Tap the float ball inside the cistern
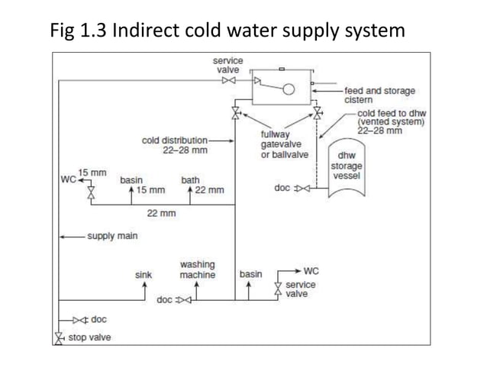point(289,89)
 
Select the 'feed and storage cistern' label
point(379,95)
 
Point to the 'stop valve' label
point(90,338)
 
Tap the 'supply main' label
point(112,236)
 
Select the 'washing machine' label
point(197,270)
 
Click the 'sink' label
point(144,274)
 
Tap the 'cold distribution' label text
point(174,141)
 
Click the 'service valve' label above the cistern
point(227,65)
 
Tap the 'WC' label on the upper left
point(68,180)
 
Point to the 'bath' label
point(190,180)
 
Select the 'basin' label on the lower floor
point(250,274)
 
